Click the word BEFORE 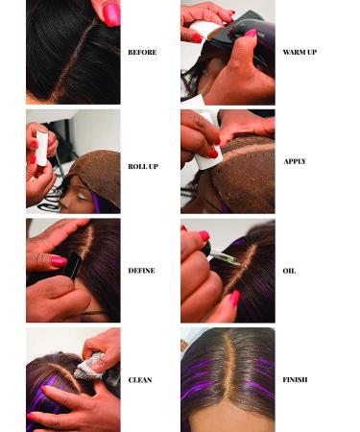(141, 52)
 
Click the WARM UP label (300, 52)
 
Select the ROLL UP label (142, 166)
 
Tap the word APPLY (295, 161)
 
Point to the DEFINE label (141, 271)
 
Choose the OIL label (289, 271)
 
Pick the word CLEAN (140, 380)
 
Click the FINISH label (295, 380)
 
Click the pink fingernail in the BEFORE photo (111, 13)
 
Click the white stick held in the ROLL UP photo (41, 149)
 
